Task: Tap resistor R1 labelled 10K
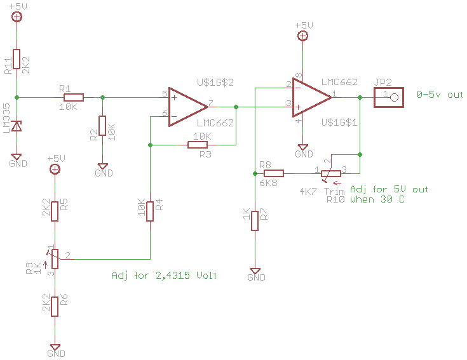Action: pos(74,97)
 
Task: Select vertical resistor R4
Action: pos(150,211)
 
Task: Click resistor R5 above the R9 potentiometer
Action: pos(55,210)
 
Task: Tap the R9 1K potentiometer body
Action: pos(55,258)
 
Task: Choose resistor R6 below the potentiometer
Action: pos(55,307)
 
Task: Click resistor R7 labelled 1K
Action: pos(255,220)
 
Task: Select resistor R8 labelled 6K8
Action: pos(273,173)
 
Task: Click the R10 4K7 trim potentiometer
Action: pos(330,173)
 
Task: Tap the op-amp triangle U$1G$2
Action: pos(188,107)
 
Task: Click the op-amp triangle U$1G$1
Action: pos(311,97)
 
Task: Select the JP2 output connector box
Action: pos(389,97)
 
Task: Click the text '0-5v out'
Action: pos(440,95)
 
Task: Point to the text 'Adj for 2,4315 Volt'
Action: pos(164,276)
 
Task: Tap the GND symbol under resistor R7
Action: pos(255,272)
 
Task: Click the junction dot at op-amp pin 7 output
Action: pos(236,107)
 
